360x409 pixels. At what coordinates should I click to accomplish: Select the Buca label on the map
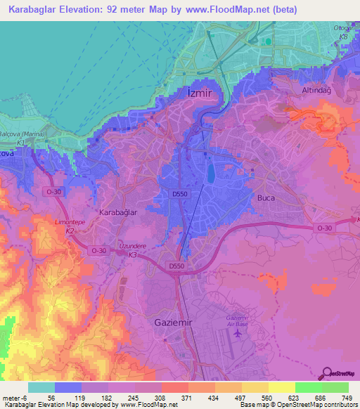(x=266, y=197)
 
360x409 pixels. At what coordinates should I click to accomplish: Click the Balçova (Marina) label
(x=22, y=134)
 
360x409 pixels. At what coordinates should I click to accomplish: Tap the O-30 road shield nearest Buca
(x=323, y=228)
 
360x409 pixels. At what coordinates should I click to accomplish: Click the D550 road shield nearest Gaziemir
(x=176, y=266)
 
